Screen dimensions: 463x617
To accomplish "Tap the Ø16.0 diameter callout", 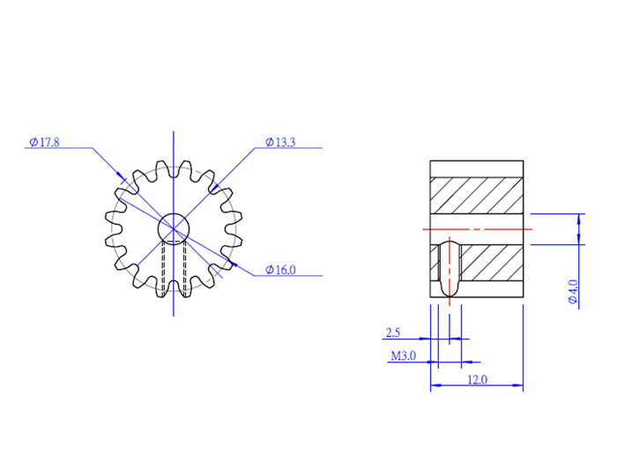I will [x=280, y=271].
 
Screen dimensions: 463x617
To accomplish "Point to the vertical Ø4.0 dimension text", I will [x=573, y=292].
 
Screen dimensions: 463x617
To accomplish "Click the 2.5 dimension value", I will [x=393, y=332].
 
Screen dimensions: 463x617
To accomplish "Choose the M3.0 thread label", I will [x=403, y=356].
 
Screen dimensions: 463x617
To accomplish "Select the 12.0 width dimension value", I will [x=477, y=381].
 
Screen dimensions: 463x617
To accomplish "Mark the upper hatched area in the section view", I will [x=477, y=195].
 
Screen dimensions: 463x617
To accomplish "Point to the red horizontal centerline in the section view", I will [x=494, y=228].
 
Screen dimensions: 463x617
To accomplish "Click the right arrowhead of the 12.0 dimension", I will [x=520, y=386].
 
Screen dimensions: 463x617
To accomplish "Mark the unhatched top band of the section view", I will [x=477, y=169].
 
